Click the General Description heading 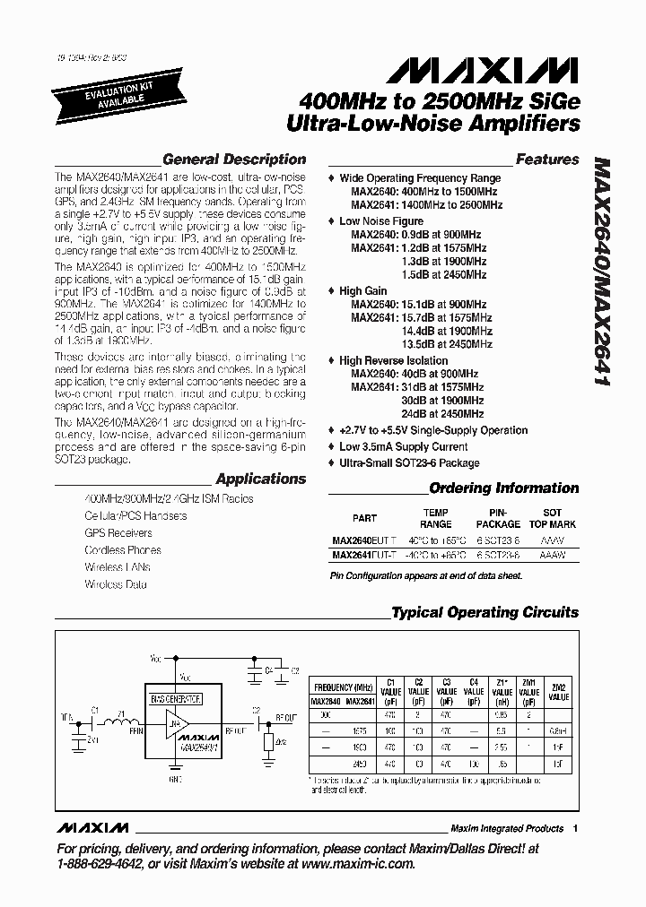[233, 160]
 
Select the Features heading [546, 160]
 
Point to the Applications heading [261, 479]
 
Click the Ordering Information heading [503, 488]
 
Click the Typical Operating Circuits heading [484, 613]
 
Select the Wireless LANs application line [118, 567]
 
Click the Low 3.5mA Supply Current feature [403, 446]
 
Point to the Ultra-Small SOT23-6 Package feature [409, 462]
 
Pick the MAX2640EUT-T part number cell [364, 540]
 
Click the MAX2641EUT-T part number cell [364, 556]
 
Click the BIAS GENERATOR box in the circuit [176, 698]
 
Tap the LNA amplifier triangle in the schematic [175, 720]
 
